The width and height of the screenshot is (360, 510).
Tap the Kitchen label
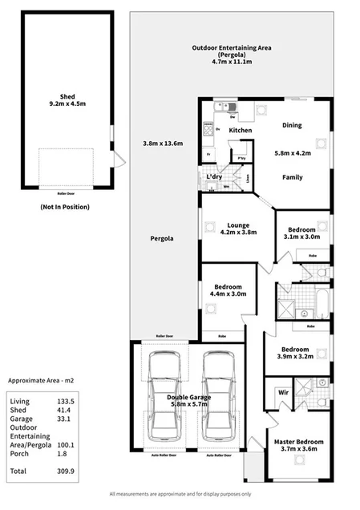tap(241, 129)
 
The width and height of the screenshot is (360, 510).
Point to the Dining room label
tap(292, 125)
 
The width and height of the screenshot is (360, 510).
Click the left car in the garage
tap(160, 397)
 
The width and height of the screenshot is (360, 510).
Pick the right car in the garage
tap(217, 397)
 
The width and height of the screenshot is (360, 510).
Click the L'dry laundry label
tap(213, 176)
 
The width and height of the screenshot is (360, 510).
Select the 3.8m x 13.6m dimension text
tap(164, 144)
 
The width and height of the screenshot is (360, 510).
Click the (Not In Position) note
tap(64, 206)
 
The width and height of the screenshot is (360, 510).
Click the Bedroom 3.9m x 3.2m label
tap(295, 354)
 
